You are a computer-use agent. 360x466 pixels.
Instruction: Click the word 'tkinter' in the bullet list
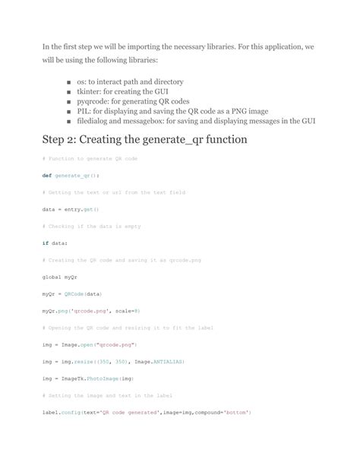81,90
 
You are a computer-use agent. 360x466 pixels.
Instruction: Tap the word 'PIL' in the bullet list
74,110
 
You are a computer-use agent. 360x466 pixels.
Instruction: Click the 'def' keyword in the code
46,175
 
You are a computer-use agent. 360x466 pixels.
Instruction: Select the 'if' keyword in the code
45,243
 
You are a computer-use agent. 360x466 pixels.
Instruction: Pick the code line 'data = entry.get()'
71,208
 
